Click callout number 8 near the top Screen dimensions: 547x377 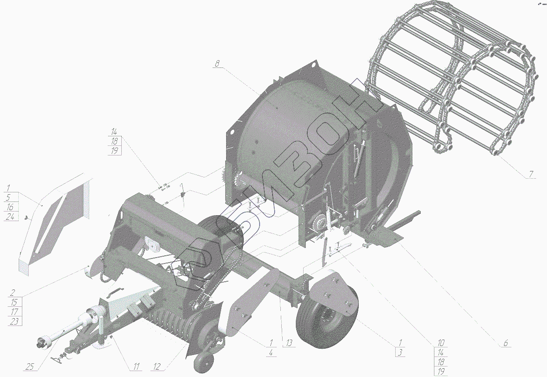[x=217, y=63]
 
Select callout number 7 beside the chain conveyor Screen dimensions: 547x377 [x=531, y=174]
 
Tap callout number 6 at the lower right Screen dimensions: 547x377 [x=506, y=343]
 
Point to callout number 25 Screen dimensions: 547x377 [x=30, y=367]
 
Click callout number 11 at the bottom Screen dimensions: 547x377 [x=136, y=367]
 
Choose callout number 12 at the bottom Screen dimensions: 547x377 [x=157, y=367]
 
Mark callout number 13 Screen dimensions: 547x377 [x=289, y=343]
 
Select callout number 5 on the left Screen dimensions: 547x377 [x=8, y=197]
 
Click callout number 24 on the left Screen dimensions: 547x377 [x=10, y=217]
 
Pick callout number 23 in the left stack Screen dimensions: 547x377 [x=14, y=321]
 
